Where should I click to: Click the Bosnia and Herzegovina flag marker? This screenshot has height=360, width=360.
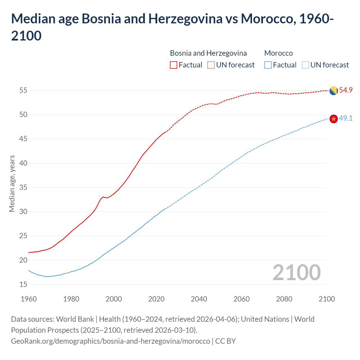(334, 91)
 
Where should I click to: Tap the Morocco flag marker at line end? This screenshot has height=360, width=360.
(334, 119)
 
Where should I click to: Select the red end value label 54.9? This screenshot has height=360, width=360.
(346, 90)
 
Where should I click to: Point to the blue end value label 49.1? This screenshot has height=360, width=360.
(346, 118)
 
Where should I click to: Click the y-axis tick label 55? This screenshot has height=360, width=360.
(23, 91)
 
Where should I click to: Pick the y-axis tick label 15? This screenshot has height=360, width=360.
(23, 284)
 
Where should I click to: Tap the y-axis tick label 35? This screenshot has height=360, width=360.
(23, 187)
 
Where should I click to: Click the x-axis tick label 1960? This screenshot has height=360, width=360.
(29, 299)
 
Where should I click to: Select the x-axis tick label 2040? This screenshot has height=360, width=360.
(199, 299)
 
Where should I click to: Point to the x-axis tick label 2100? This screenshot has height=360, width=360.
(327, 299)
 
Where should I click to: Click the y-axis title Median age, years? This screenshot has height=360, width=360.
(12, 183)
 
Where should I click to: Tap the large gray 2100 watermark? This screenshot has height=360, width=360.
(296, 273)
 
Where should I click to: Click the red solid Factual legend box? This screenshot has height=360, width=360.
(174, 65)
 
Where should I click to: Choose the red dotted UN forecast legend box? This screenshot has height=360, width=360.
(211, 65)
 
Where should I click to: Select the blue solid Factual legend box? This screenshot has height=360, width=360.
(268, 65)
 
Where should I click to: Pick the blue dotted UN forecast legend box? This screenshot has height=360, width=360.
(305, 65)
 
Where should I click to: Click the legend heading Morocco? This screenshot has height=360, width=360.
(278, 53)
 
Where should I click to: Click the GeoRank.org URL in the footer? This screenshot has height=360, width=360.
(110, 341)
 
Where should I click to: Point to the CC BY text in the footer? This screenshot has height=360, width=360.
(226, 341)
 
